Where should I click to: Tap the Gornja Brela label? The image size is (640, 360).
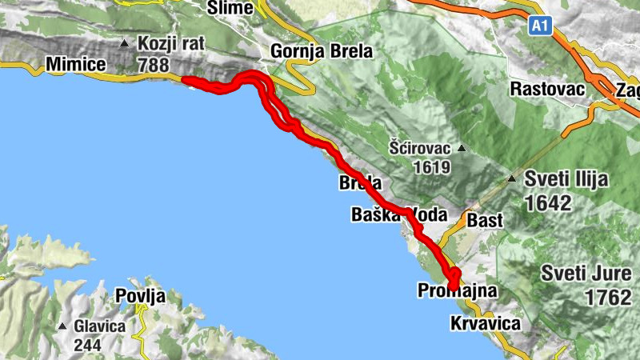pyautogui.click(x=322, y=52)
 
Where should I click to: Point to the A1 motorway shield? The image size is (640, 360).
pyautogui.click(x=541, y=27)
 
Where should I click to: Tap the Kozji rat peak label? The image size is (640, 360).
pyautogui.click(x=168, y=43)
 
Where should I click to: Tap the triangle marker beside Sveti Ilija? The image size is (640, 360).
pyautogui.click(x=512, y=178)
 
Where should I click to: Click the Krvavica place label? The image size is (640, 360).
pyautogui.click(x=485, y=323)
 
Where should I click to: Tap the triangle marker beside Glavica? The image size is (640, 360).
pyautogui.click(x=62, y=326)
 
